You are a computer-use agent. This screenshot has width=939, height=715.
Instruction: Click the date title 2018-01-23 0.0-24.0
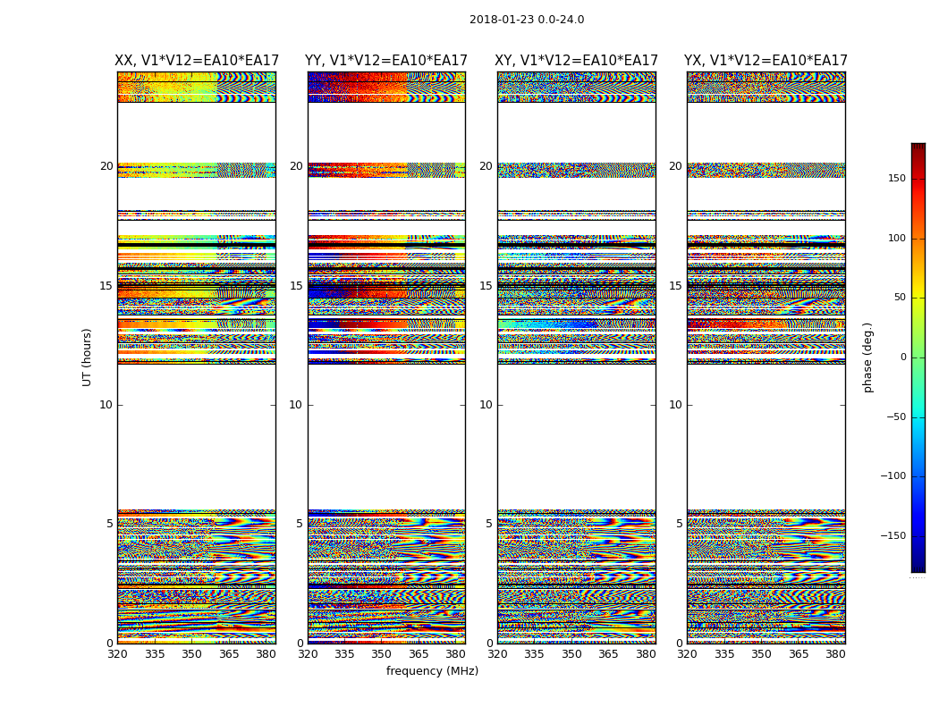tap(527, 20)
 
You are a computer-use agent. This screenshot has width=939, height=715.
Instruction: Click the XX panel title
tap(197, 61)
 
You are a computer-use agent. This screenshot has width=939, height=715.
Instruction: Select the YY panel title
tap(386, 61)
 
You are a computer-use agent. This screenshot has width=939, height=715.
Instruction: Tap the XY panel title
tap(577, 61)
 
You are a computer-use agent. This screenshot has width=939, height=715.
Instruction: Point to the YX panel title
tap(766, 61)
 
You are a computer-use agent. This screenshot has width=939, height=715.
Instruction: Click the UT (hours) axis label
tap(87, 357)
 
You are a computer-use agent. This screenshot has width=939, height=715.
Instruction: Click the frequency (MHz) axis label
tap(432, 671)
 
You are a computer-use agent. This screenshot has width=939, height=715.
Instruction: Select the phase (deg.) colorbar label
tap(867, 357)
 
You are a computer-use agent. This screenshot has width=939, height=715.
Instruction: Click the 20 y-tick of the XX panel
tap(106, 166)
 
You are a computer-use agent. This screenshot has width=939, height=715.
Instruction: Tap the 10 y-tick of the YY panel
tap(295, 405)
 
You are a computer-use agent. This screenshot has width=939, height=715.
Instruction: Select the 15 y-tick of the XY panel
tap(486, 286)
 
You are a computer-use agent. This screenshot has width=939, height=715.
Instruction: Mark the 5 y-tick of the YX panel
tap(679, 524)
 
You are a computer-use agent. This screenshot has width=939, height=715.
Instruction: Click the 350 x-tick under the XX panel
tap(191, 654)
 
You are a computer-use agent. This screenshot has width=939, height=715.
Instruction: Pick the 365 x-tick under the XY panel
tap(608, 654)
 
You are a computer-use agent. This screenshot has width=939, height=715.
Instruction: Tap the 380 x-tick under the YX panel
tap(835, 654)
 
